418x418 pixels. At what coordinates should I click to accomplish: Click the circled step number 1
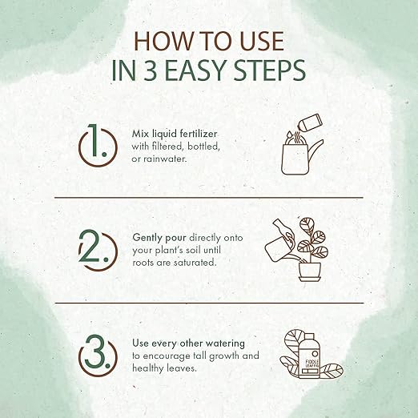pos(98,146)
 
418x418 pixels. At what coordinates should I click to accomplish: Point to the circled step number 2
pos(98,251)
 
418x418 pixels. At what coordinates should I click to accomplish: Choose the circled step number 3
pos(98,356)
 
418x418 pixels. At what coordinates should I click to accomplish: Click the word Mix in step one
pos(141,134)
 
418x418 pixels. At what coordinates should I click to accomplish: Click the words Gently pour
pos(159,238)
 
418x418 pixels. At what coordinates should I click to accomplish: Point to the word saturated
pos(195,263)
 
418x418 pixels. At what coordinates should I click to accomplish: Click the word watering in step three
pos(227,344)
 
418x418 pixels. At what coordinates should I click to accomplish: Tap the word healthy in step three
pos(148,368)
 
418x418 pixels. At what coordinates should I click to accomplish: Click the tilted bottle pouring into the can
pos(311,123)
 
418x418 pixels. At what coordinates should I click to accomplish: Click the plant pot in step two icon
pos(310,271)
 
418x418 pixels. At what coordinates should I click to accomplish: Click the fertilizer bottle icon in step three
pos(309,356)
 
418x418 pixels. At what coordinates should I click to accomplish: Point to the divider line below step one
pos(209,198)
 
